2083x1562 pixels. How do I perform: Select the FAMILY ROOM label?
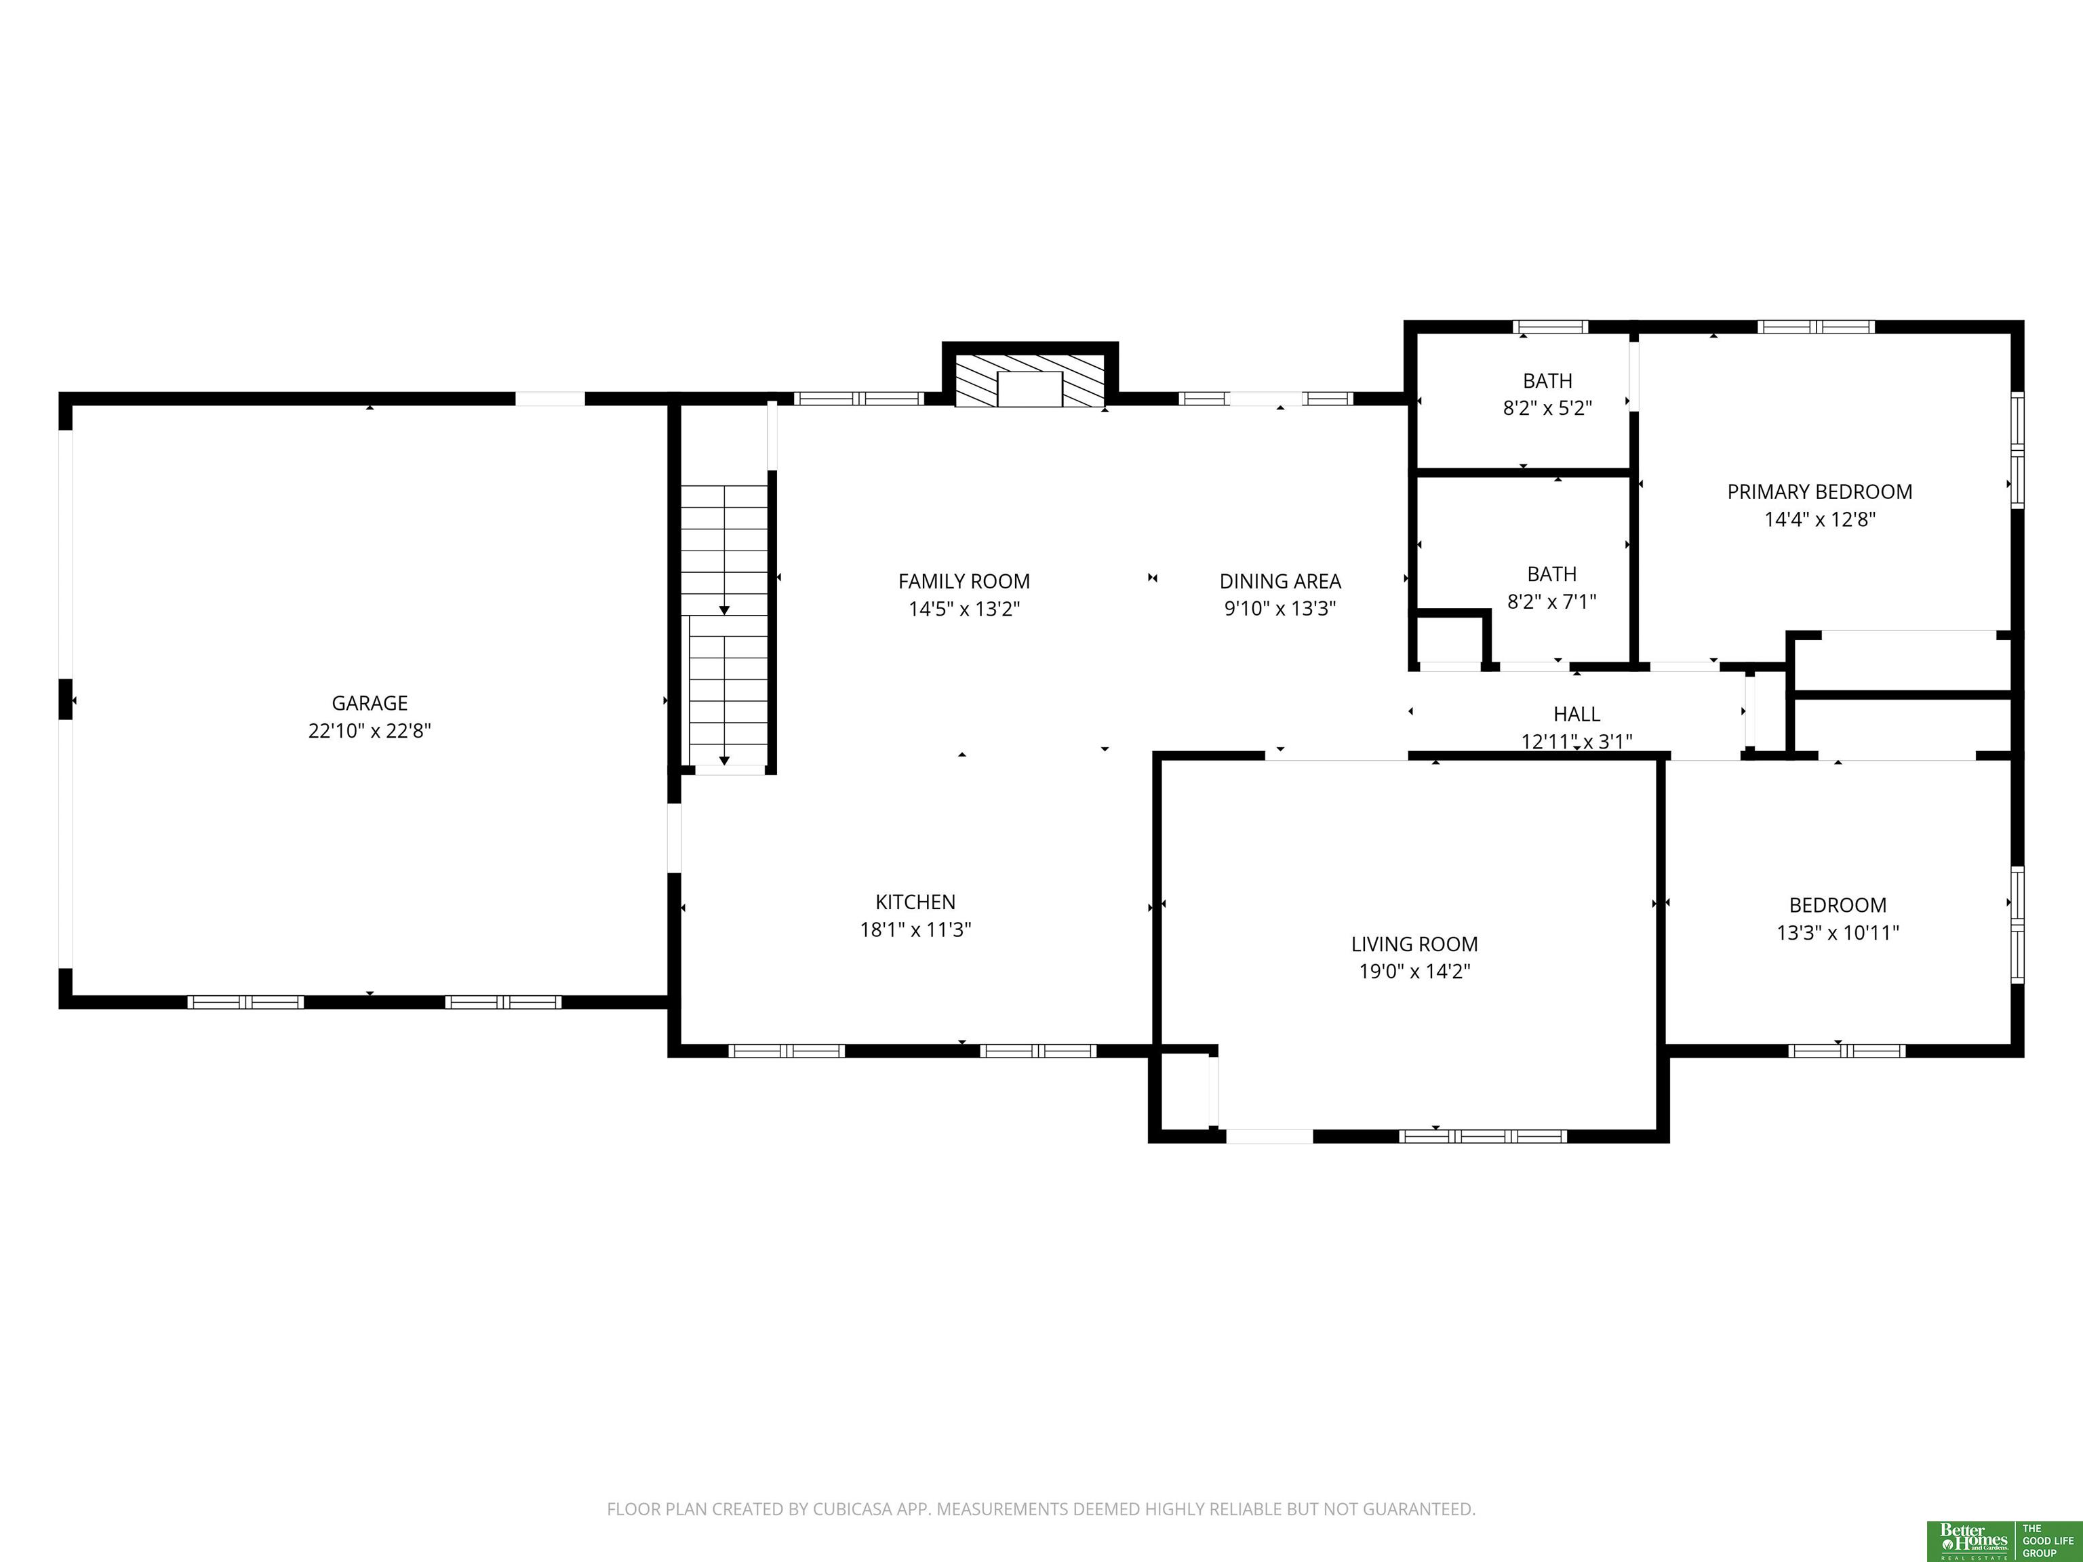[964, 582]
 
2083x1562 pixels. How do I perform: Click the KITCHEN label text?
[915, 902]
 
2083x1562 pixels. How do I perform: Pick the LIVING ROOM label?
[1414, 944]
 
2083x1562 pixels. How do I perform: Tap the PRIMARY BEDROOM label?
[1819, 492]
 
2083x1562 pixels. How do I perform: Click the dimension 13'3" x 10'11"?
[1838, 933]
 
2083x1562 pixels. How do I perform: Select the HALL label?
[1577, 715]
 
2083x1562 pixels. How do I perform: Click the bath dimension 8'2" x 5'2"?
[1547, 409]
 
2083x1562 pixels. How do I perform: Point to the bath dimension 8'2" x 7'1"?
[1552, 601]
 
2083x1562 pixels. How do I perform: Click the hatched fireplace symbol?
[1029, 381]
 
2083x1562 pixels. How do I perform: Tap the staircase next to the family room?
[724, 626]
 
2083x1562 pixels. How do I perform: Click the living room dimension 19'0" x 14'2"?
[1414, 972]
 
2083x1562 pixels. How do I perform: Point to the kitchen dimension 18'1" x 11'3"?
[915, 930]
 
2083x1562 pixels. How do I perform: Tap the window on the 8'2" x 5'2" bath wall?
[1550, 327]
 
